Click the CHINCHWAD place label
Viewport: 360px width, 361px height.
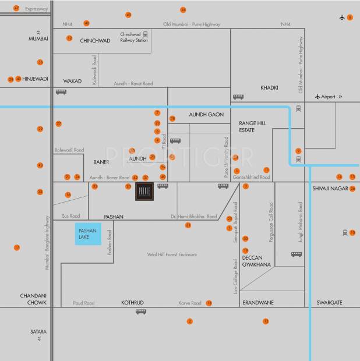coord(95,41)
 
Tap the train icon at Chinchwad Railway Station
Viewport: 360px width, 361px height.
coord(146,35)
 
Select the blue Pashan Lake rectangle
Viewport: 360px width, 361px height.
coord(88,235)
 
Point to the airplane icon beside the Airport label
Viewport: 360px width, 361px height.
coord(317,97)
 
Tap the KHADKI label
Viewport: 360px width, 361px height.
coord(269,87)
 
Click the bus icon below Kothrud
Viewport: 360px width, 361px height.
coord(141,312)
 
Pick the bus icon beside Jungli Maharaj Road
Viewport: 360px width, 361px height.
coord(297,254)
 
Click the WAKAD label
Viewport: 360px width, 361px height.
coord(72,81)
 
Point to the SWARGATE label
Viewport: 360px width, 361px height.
coord(329,303)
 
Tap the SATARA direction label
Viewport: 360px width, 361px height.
coord(38,332)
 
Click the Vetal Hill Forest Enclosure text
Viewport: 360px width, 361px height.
coord(172,254)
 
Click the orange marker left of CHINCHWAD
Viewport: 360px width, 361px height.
coord(69,38)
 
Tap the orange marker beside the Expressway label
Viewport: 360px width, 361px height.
coord(16,8)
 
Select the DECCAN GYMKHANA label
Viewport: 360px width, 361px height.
coord(257,261)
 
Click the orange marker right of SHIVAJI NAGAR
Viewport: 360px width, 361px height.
coord(352,188)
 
